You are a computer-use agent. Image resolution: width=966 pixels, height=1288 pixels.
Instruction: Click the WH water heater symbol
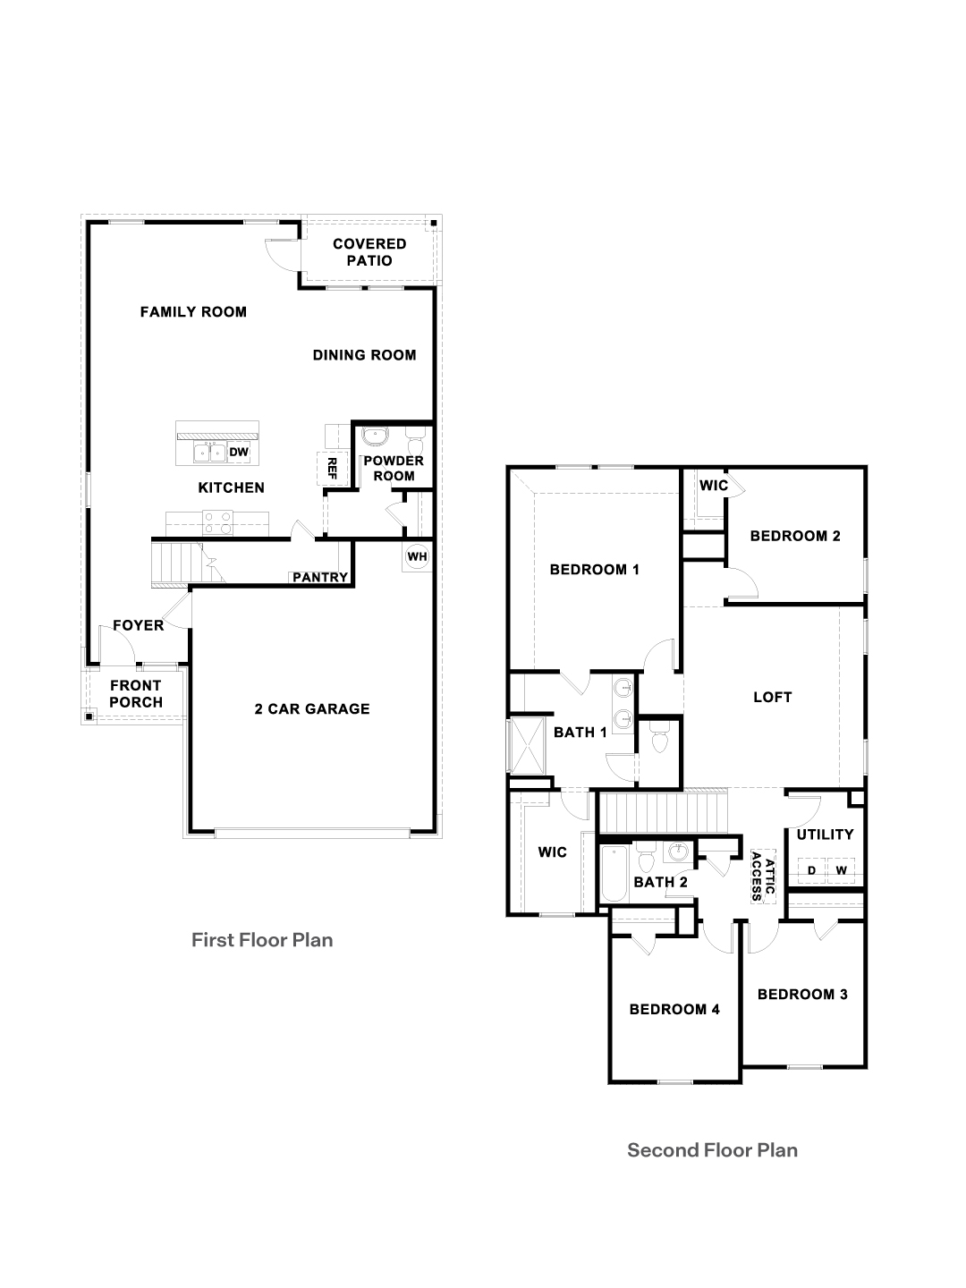(x=417, y=556)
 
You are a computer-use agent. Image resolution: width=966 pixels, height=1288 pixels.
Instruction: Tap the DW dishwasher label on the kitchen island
(x=239, y=452)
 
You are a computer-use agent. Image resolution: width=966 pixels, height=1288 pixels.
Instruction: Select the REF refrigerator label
(x=332, y=469)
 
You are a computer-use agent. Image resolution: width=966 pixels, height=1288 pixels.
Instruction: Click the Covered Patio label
(x=369, y=252)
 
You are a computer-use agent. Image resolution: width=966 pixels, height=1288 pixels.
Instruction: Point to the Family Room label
(x=193, y=311)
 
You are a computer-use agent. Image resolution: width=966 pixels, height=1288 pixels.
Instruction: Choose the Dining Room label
(x=364, y=355)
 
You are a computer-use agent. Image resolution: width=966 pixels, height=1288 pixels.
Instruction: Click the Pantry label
(x=320, y=578)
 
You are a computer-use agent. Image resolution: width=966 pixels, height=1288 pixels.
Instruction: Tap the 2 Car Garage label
(x=312, y=708)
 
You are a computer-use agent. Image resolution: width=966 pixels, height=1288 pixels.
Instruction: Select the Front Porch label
(x=136, y=693)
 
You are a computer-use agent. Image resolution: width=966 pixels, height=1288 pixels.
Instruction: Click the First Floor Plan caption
(x=262, y=940)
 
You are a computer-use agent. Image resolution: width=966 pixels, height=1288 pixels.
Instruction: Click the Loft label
(x=773, y=697)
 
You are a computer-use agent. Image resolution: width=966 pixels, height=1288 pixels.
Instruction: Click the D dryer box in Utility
(x=812, y=871)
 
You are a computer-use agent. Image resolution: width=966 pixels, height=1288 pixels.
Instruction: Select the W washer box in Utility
(x=841, y=871)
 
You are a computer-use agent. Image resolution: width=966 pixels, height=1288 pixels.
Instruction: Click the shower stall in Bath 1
(x=529, y=745)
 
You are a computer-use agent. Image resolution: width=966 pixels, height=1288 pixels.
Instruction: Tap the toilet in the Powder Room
(x=415, y=439)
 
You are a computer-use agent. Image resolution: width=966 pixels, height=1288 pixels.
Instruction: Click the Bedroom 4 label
(x=674, y=1009)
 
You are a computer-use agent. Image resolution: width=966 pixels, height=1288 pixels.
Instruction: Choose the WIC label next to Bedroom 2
(x=714, y=486)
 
